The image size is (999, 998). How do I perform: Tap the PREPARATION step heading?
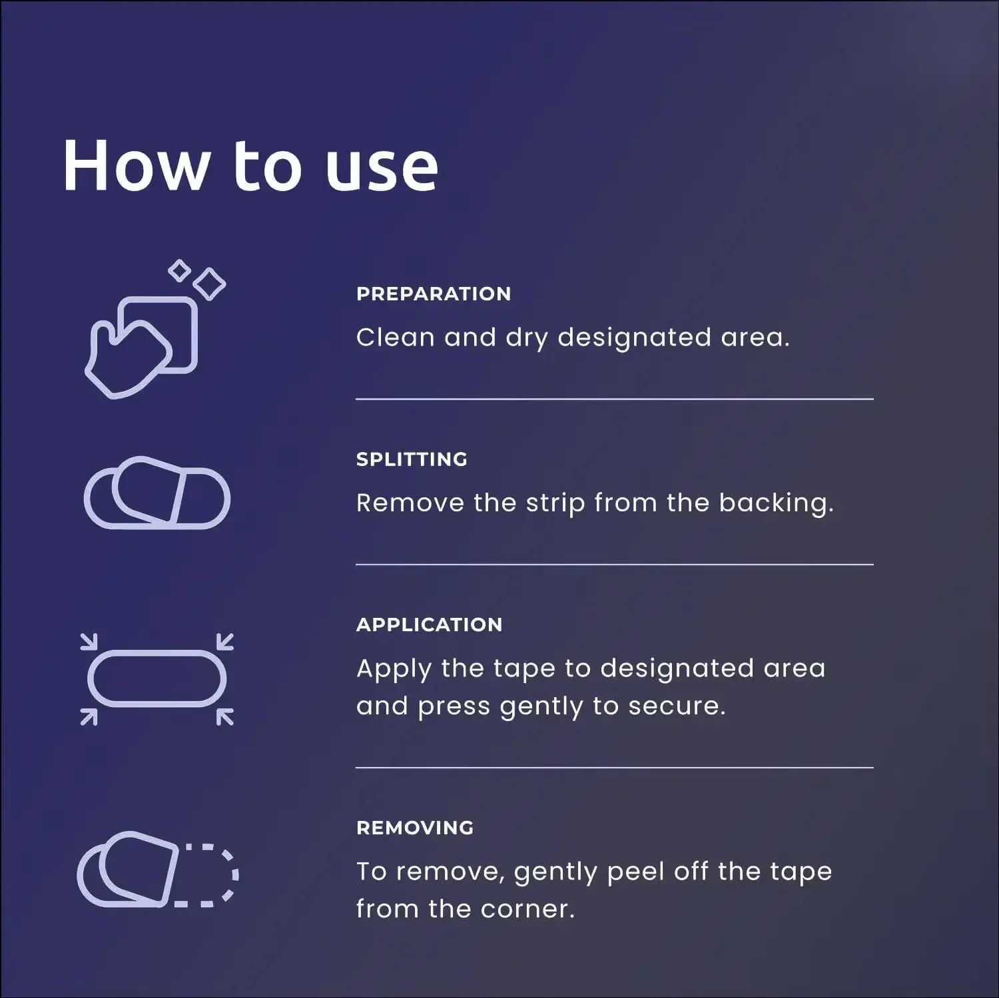tap(434, 294)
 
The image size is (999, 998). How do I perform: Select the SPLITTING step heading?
tap(412, 459)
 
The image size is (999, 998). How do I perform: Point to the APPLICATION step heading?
tap(429, 624)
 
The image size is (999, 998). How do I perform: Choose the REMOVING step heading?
tap(415, 828)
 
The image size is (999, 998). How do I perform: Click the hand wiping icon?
tap(142, 347)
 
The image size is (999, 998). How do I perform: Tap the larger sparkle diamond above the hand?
tap(209, 284)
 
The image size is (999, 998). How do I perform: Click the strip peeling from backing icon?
tap(157, 493)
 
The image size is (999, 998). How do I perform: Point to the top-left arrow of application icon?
tap(89, 641)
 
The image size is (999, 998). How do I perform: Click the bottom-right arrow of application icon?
tap(225, 717)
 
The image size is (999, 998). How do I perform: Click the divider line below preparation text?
tap(614, 399)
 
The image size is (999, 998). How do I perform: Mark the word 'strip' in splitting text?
tap(555, 504)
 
